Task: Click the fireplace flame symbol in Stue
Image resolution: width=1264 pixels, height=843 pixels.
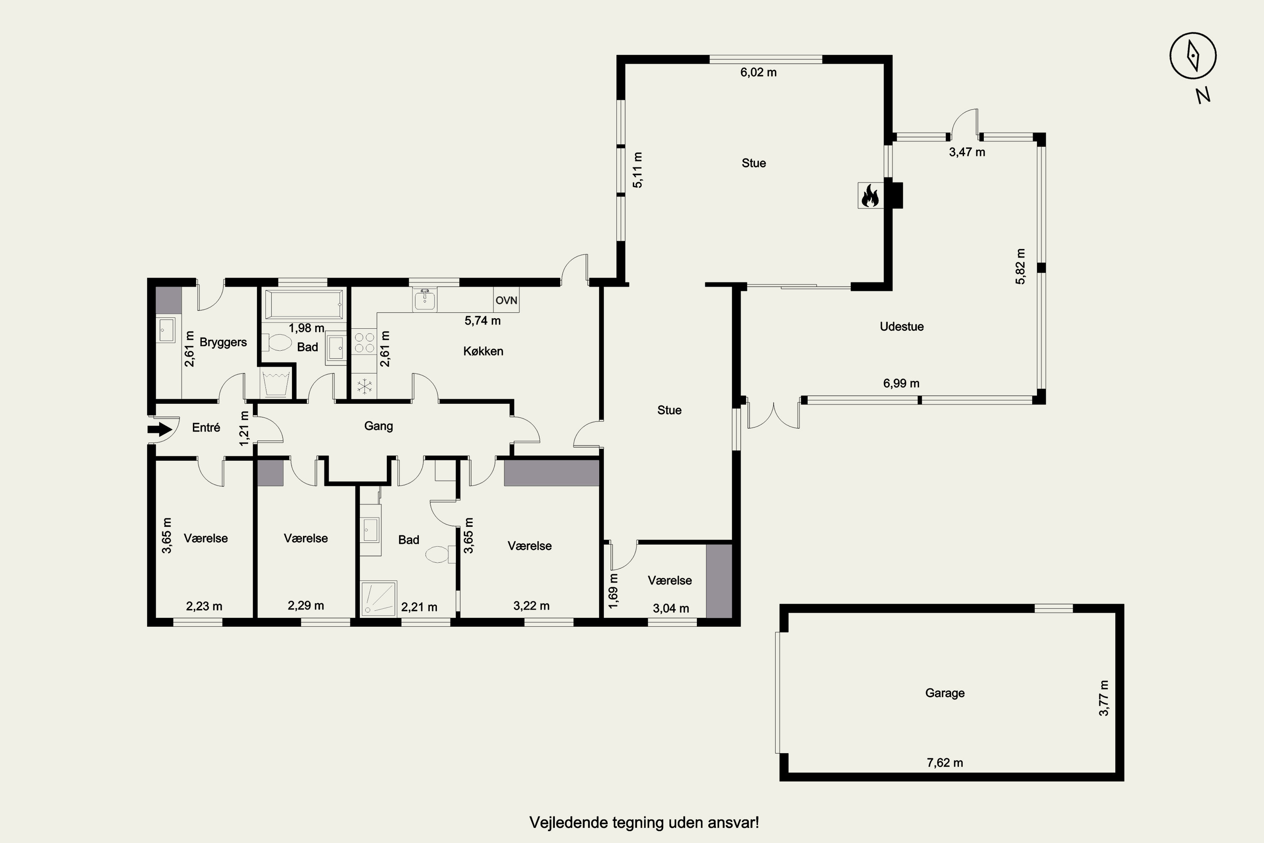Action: click(870, 195)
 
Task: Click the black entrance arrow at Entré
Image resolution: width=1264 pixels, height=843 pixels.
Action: click(160, 429)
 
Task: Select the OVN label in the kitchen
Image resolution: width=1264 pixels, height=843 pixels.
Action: click(506, 300)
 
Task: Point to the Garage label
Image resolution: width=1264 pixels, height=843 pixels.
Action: click(945, 693)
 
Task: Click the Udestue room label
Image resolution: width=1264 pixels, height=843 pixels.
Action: click(902, 326)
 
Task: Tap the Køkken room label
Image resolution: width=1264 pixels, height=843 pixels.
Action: click(483, 351)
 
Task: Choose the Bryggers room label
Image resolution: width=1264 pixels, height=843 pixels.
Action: click(223, 342)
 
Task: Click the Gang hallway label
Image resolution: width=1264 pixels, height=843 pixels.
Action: click(378, 426)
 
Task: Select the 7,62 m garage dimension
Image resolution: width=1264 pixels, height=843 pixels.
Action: click(945, 762)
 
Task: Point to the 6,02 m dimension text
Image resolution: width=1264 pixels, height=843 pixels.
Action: click(758, 72)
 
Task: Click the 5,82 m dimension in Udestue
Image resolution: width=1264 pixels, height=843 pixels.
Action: click(1020, 266)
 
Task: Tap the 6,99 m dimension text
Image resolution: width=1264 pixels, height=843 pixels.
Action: click(901, 383)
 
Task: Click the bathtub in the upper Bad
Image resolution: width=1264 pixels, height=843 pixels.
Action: click(303, 305)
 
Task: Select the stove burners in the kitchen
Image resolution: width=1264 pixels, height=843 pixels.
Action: click(364, 342)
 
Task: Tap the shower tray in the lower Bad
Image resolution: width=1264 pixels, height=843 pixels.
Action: click(379, 598)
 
